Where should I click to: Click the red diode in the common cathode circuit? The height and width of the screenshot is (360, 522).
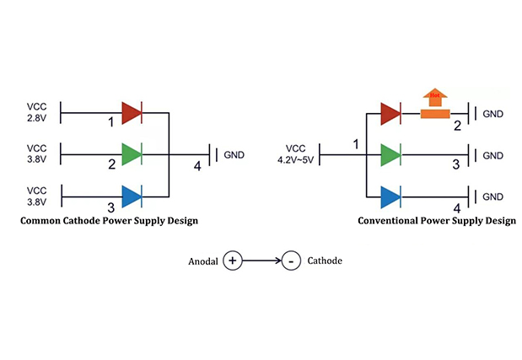tap(131, 112)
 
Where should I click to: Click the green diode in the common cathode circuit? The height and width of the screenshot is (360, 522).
tap(131, 154)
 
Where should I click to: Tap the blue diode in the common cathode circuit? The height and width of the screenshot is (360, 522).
tap(131, 196)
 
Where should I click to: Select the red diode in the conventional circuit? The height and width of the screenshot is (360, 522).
tap(390, 113)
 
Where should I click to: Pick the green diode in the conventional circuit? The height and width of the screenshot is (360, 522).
tap(390, 155)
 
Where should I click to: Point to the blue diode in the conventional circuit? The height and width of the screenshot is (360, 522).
tap(390, 197)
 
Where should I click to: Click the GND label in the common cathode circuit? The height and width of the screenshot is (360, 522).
tap(234, 155)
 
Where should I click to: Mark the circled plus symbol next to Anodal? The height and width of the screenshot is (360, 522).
tap(232, 261)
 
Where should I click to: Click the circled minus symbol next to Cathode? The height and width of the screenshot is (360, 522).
tap(289, 261)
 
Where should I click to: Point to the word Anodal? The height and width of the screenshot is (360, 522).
tap(202, 261)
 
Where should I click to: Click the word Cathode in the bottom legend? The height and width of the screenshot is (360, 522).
tap(325, 261)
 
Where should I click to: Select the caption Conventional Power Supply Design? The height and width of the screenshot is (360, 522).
tap(436, 222)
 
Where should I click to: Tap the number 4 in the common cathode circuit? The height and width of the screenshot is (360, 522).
tap(197, 166)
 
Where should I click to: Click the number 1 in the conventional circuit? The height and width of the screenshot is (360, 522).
tap(355, 145)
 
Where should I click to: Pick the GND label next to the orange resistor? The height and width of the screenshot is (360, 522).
tap(493, 113)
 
